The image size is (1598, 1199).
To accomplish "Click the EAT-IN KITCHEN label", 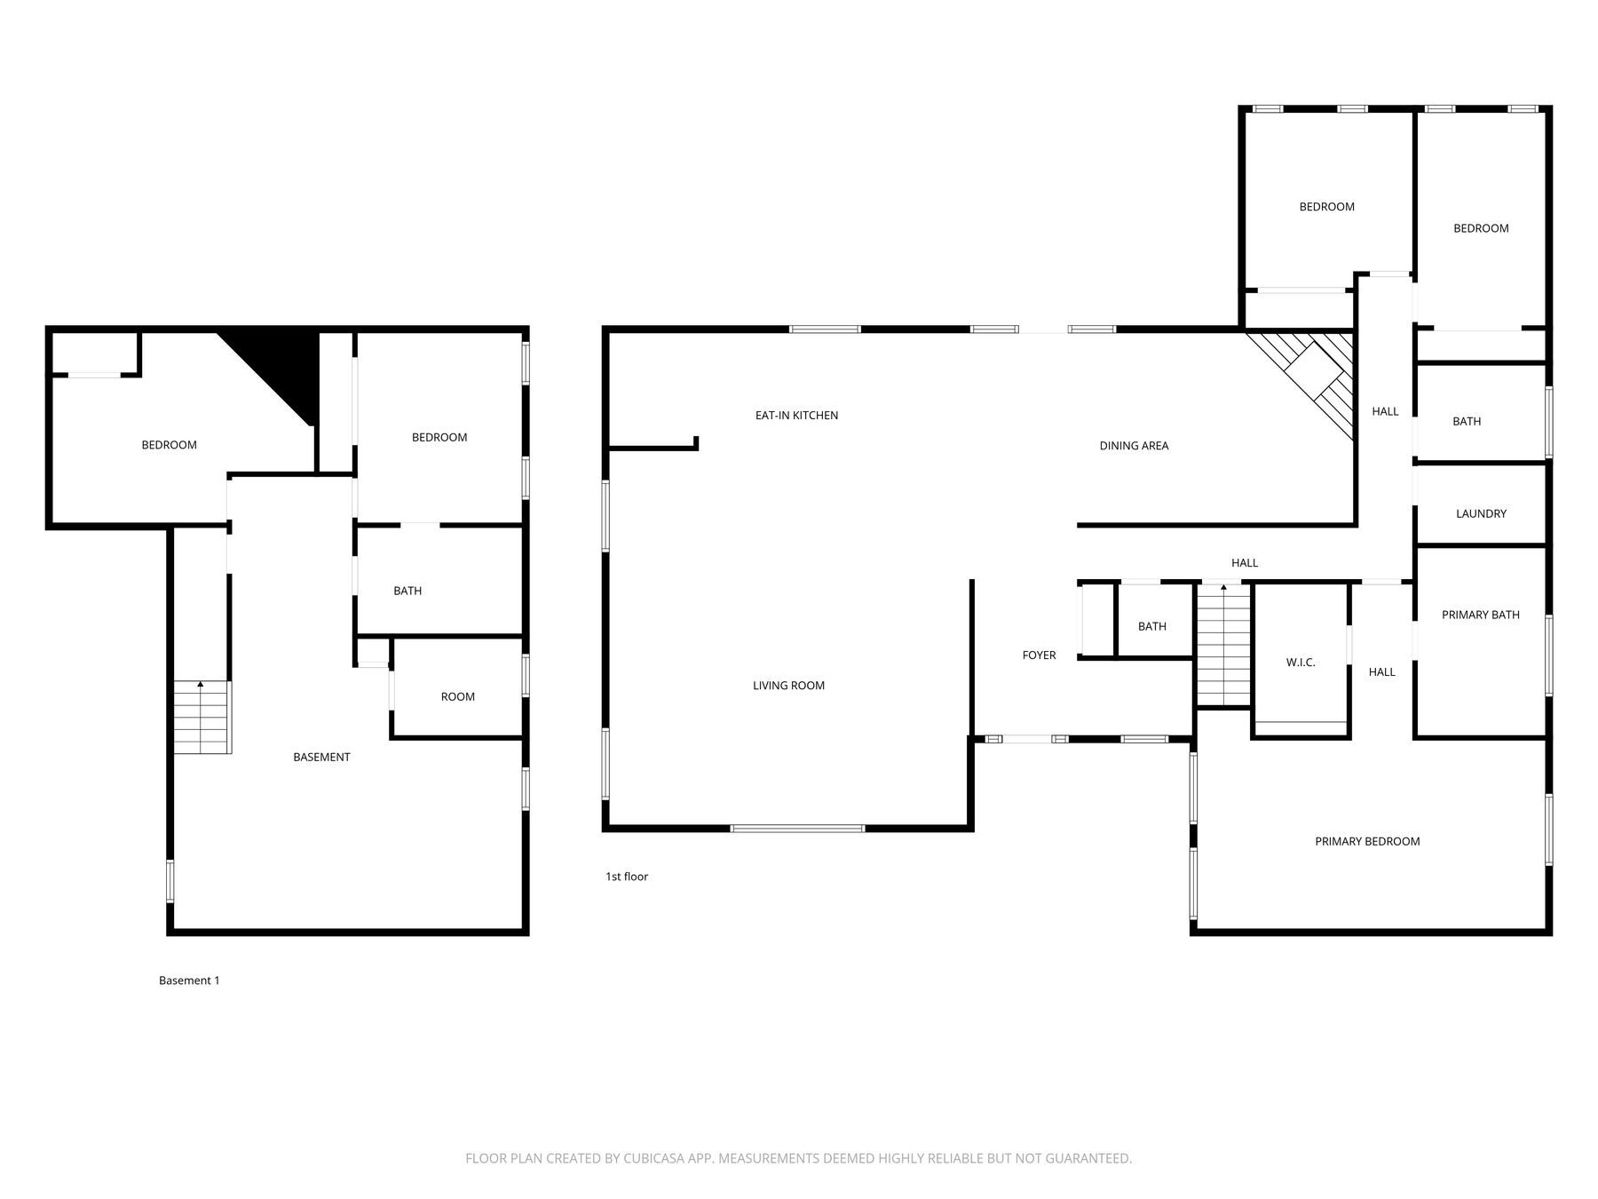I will pyautogui.click(x=796, y=415).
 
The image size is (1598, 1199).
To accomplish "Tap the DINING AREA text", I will pyautogui.click(x=1134, y=446).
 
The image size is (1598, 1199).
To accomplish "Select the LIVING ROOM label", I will pyautogui.click(x=788, y=686).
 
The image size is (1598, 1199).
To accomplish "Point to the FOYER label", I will pyautogui.click(x=1039, y=655).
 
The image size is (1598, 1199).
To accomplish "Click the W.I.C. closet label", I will pyautogui.click(x=1301, y=663).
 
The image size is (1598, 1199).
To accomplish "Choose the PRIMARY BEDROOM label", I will pyautogui.click(x=1367, y=841).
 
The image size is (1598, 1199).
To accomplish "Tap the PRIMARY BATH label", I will pyautogui.click(x=1480, y=615).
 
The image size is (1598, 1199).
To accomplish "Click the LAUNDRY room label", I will pyautogui.click(x=1481, y=513).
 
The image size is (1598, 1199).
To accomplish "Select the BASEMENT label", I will pyautogui.click(x=321, y=757).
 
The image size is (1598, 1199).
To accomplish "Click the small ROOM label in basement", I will pyautogui.click(x=458, y=696).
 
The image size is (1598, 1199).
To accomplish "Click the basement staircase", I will pyautogui.click(x=202, y=718).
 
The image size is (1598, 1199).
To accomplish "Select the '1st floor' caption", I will pyautogui.click(x=627, y=877).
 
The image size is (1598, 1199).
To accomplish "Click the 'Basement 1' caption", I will pyautogui.click(x=189, y=981).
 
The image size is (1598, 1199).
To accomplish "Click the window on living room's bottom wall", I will pyautogui.click(x=797, y=829).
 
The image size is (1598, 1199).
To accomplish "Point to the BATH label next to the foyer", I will pyautogui.click(x=1151, y=626).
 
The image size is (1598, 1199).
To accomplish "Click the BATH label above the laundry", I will pyautogui.click(x=1467, y=421).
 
